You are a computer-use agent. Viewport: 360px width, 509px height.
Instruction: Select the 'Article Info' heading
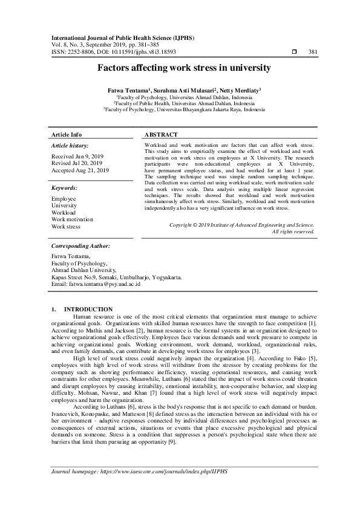pyautogui.click(x=67, y=134)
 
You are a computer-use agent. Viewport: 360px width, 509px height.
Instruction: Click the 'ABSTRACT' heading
pyautogui.click(x=161, y=134)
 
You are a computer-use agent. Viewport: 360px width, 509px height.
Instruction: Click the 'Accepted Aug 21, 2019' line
pyautogui.click(x=80, y=170)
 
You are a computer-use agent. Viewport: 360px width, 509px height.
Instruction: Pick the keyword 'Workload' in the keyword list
pyautogui.click(x=63, y=212)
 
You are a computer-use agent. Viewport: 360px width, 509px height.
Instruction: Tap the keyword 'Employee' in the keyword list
pyautogui.click(x=64, y=198)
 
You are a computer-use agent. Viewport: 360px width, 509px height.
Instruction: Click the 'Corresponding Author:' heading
pyautogui.click(x=80, y=246)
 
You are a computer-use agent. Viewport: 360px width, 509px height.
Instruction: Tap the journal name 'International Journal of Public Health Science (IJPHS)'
pyautogui.click(x=122, y=37)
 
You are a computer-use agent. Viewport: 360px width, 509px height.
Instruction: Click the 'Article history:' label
pyautogui.click(x=70, y=146)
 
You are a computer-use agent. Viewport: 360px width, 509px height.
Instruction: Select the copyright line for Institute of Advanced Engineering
pyautogui.click(x=241, y=224)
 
